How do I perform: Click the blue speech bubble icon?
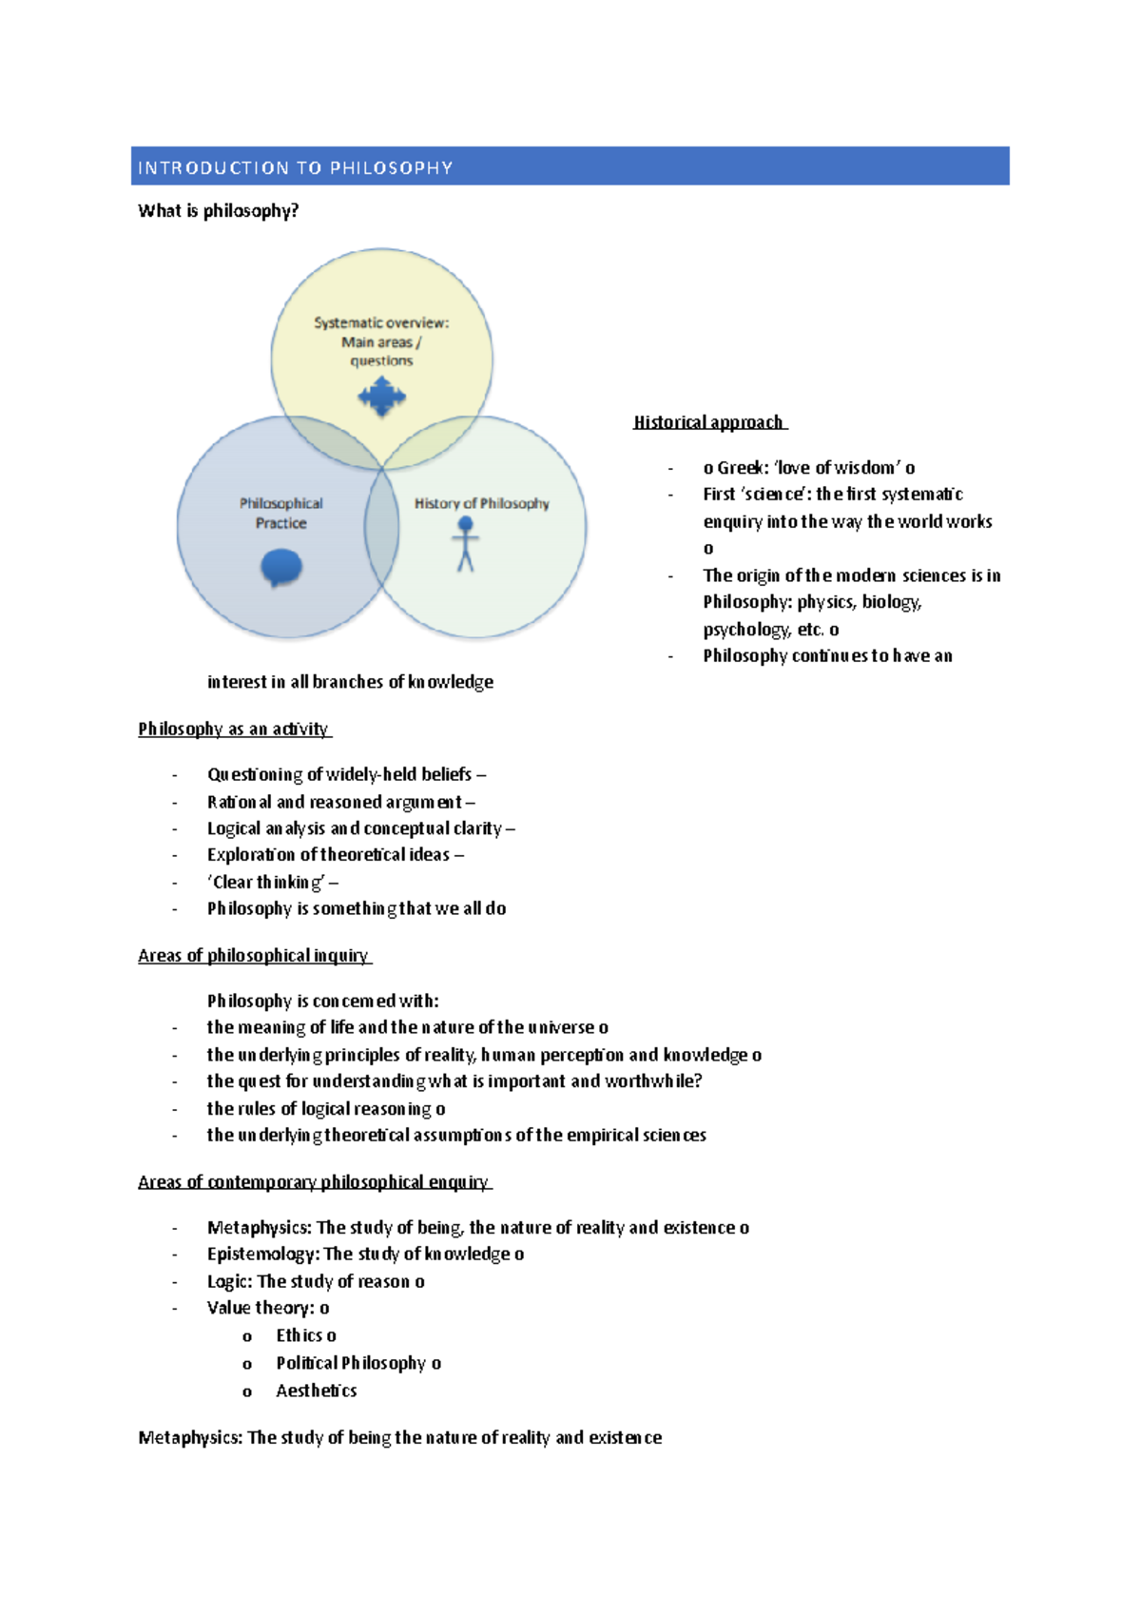(281, 568)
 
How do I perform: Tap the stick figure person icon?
(465, 544)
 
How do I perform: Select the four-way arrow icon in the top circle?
(382, 397)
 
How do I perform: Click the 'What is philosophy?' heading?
(218, 211)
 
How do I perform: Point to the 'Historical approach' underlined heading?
(708, 422)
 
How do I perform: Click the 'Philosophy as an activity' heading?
(233, 730)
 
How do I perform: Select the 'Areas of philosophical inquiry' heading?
(253, 956)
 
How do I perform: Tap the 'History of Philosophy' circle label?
(481, 503)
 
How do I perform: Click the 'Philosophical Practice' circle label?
(280, 513)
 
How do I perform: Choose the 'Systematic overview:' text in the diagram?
(381, 323)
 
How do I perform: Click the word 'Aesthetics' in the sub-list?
(317, 1391)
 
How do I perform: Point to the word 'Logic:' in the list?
(229, 1282)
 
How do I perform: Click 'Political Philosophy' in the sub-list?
(351, 1363)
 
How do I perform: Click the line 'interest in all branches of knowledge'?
(350, 682)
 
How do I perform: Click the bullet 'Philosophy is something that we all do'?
(357, 908)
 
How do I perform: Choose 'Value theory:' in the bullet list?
(261, 1309)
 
